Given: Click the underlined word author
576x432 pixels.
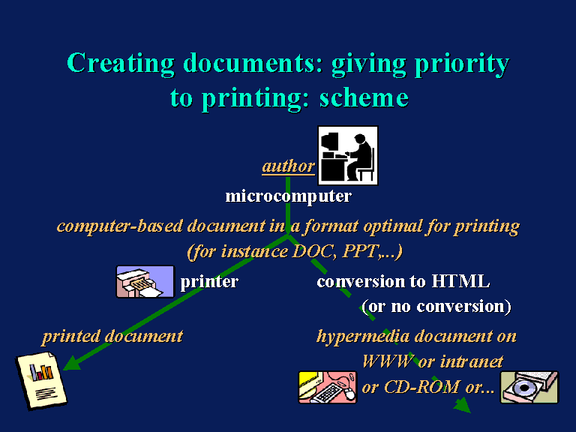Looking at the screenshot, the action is (288, 166).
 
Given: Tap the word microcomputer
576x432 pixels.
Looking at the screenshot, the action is (288, 196).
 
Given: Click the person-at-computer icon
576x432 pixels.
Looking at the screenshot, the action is (347, 155).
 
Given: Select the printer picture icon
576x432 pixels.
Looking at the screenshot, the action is (145, 281).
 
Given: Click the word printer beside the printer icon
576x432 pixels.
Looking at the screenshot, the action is (209, 282).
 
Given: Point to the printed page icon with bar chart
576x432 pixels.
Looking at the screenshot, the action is (41, 380).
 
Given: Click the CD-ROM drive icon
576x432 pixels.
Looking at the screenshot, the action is (529, 387).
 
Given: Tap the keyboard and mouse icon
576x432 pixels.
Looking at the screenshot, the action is (327, 387).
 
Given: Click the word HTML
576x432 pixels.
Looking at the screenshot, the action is (460, 281).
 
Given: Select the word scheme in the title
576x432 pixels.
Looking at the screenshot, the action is (364, 98).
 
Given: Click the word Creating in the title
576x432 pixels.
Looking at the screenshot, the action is (121, 63).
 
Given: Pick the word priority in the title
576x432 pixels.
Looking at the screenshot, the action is (462, 64).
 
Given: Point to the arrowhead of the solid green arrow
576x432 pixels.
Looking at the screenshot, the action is (72, 363).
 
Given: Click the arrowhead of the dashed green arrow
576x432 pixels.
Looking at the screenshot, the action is (462, 406).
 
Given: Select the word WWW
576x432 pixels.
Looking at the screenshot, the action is (388, 361).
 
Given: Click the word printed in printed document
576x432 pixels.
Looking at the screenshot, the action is (71, 337).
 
